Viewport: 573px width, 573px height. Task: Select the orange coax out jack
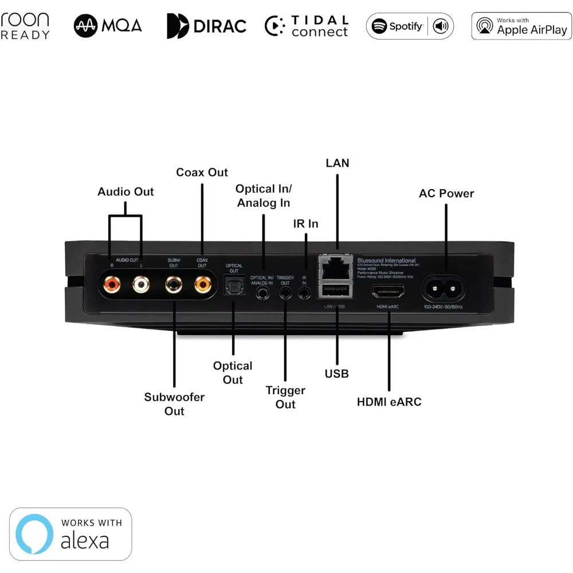coord(202,283)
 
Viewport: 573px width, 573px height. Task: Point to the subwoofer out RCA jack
coord(174,283)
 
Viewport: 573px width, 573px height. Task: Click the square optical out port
coord(233,285)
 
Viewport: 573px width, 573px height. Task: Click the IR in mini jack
coord(305,292)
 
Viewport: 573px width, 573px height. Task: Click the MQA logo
coord(108,26)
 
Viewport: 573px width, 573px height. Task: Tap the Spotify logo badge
coord(410,26)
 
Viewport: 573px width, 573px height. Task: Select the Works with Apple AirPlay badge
coord(521,26)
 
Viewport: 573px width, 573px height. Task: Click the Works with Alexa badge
coord(70,533)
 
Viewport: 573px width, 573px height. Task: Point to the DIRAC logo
coord(206,26)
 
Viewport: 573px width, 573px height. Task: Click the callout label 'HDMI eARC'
coord(389,402)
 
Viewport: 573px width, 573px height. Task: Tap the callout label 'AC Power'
coord(446,194)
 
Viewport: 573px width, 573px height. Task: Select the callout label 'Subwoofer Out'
coord(174,404)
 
